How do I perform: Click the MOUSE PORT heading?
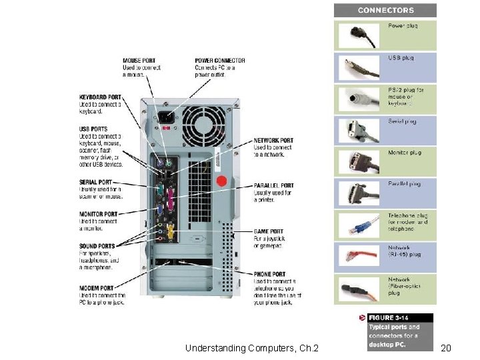pyautogui.click(x=139, y=61)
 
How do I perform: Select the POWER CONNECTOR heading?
pyautogui.click(x=220, y=61)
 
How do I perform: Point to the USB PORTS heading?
pyautogui.click(x=93, y=129)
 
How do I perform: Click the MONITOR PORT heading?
pyautogui.click(x=99, y=214)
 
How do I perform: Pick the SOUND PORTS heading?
pyautogui.click(x=97, y=246)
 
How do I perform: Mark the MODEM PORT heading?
pyautogui.click(x=97, y=287)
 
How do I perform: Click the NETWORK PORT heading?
pyautogui.click(x=273, y=141)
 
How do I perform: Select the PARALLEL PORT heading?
pyautogui.click(x=274, y=185)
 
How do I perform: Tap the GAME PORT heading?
pyautogui.click(x=269, y=232)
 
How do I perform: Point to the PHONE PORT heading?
pyautogui.click(x=270, y=274)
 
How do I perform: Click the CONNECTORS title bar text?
pyautogui.click(x=385, y=10)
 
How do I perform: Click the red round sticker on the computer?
pyautogui.click(x=223, y=181)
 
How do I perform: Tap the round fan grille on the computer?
pyautogui.click(x=205, y=127)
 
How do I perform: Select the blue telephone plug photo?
pyautogui.click(x=359, y=226)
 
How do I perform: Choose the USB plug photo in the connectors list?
pyautogui.click(x=359, y=67)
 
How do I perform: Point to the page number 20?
pyautogui.click(x=447, y=348)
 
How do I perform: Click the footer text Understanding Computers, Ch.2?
pyautogui.click(x=252, y=348)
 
